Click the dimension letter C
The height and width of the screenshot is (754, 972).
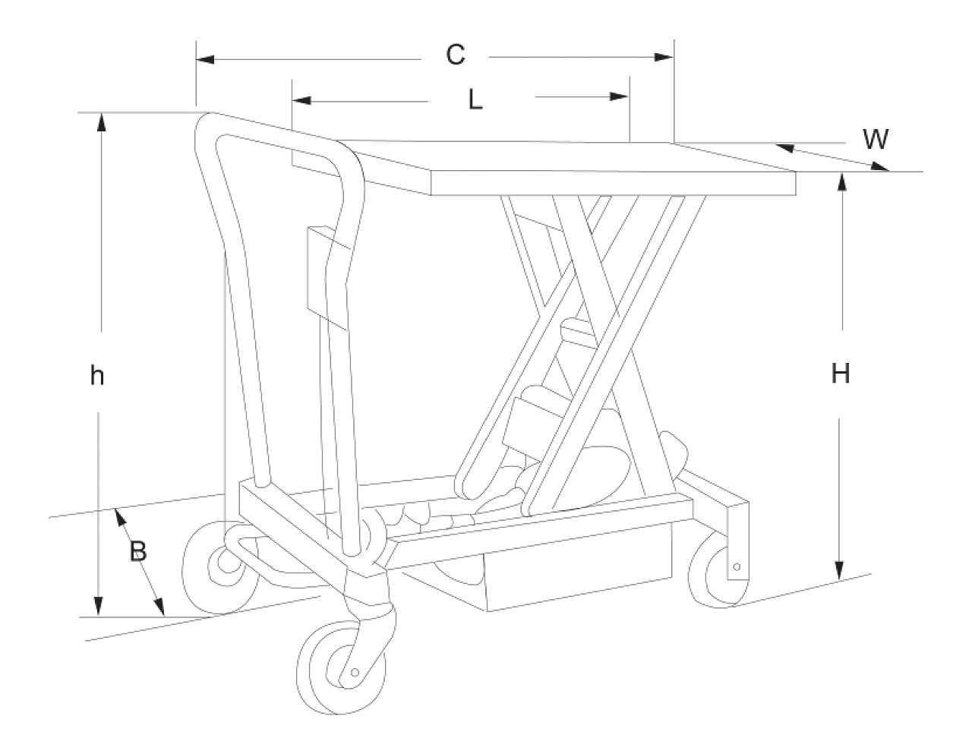coord(456,55)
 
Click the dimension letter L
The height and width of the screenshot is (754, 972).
coord(475,99)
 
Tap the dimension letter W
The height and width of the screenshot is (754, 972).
coord(876,139)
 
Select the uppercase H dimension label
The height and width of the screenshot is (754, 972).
coord(841,374)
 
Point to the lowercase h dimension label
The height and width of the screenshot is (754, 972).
coord(97,375)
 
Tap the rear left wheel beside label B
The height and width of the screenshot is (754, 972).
coord(220,567)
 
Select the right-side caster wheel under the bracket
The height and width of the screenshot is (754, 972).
coord(714,569)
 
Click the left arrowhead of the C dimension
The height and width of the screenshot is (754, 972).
coord(205,59)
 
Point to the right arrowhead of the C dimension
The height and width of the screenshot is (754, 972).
coord(664,57)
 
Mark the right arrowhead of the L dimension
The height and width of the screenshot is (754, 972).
coord(620,96)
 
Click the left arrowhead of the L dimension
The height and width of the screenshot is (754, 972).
coord(301,100)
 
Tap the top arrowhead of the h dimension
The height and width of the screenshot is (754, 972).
coord(102,122)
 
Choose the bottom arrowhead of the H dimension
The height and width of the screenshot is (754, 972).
coord(838,570)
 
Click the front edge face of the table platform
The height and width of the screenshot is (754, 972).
coord(613,183)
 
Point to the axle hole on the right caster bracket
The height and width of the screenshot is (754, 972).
coord(737,566)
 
